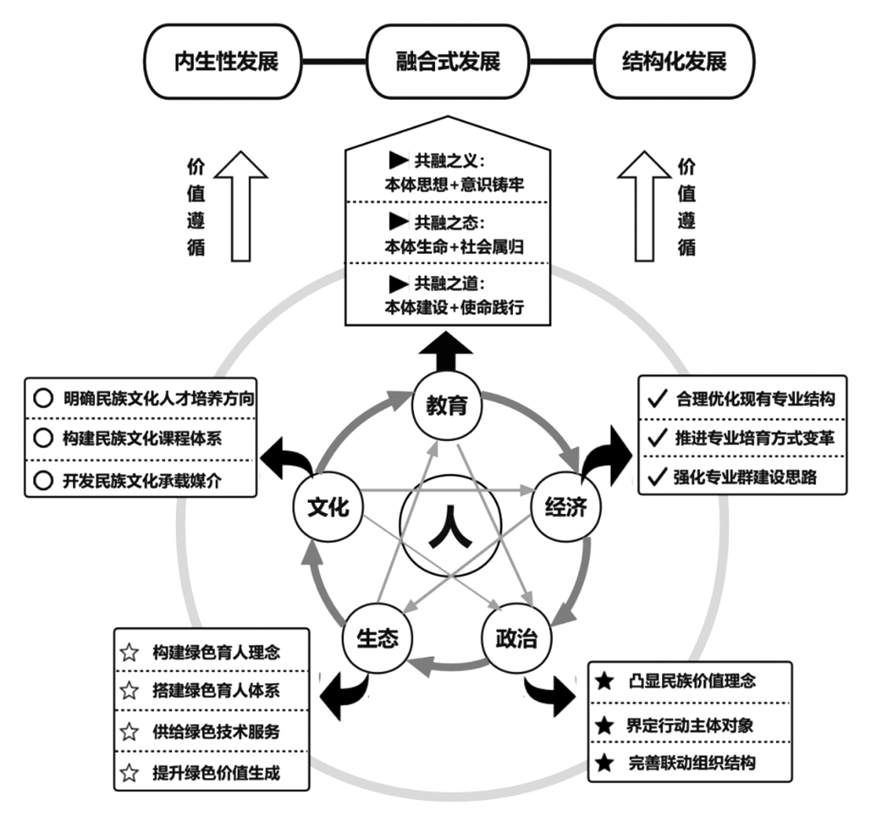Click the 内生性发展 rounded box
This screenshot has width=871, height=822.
[223, 61]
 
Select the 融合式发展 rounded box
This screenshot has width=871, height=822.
[448, 61]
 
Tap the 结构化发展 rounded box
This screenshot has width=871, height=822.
[674, 61]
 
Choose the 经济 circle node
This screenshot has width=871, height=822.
[566, 507]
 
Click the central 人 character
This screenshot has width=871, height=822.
[450, 526]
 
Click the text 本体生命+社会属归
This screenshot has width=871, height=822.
[454, 247]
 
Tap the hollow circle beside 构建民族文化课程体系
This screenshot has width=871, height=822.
[44, 438]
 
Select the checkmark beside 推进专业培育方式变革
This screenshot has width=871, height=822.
[657, 437]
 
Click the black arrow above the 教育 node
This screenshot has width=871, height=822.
[446, 351]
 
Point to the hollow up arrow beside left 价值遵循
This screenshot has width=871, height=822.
[241, 206]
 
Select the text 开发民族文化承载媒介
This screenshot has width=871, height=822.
[142, 481]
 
